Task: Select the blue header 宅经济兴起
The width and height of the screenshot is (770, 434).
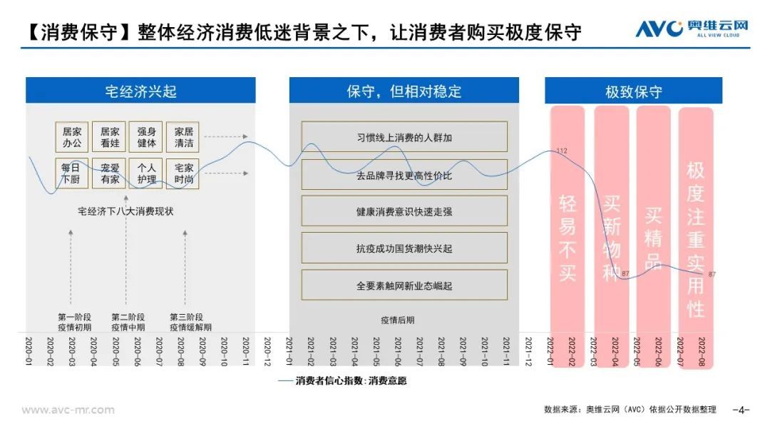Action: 140,91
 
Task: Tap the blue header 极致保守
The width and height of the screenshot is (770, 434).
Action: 633,91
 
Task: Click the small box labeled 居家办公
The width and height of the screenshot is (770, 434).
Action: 72,137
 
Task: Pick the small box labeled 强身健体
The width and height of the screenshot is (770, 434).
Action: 146,137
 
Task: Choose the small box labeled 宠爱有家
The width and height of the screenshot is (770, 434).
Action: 110,173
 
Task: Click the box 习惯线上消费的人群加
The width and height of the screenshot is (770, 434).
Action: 404,137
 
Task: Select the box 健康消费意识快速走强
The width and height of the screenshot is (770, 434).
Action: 404,211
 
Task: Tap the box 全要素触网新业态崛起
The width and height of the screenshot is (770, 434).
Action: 404,285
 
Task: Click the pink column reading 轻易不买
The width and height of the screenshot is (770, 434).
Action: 567,221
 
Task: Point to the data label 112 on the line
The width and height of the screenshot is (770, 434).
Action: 562,151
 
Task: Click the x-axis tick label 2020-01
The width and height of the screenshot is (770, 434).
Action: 29,350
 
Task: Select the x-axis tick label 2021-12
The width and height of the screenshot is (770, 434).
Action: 529,350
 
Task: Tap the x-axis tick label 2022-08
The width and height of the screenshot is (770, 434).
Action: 702,350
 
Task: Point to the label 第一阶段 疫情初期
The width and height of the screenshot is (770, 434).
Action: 75,322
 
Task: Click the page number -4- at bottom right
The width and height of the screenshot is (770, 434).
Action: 741,410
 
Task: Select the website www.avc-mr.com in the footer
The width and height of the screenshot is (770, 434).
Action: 68,410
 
